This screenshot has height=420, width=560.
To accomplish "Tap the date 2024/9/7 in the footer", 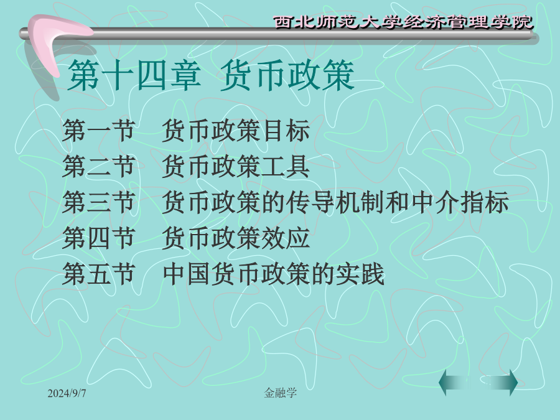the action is (67, 393).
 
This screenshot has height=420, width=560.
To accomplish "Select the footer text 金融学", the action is (281, 393).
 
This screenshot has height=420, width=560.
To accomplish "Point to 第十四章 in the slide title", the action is (134, 75).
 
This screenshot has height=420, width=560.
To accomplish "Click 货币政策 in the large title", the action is (287, 75).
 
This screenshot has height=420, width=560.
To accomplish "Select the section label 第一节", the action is (98, 131).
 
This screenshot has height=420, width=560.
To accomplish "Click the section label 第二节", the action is (98, 166).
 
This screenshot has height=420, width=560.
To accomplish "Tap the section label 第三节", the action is (98, 202).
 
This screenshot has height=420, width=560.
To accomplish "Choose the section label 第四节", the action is (98, 238).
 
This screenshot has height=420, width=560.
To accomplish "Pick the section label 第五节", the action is (98, 274).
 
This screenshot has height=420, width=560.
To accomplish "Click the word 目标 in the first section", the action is (286, 131).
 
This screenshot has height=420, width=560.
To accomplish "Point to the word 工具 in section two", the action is (286, 166).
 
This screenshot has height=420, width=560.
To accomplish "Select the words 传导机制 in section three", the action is (335, 202).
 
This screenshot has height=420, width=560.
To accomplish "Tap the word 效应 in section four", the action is (286, 238).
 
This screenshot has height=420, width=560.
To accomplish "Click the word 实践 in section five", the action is (360, 274).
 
